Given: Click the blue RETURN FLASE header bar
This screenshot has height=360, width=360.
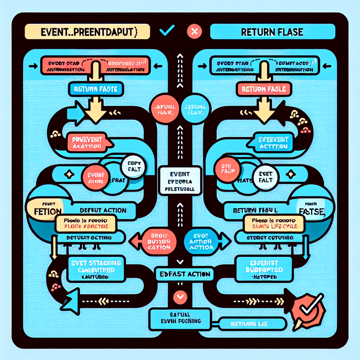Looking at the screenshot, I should coord(272,32).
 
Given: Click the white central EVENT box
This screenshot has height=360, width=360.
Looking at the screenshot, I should coord(180,181).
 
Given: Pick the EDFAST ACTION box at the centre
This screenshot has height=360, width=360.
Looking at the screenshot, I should coord(180,273).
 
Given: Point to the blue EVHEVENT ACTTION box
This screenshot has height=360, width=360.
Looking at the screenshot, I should coord(272,143).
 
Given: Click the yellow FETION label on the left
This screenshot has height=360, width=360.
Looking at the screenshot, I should coord(44,210).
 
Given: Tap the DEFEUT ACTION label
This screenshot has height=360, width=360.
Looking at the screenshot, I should coord(100,211).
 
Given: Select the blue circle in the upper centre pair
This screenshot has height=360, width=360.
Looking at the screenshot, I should coord(194,109).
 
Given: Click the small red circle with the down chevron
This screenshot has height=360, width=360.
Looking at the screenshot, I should coord(180,297).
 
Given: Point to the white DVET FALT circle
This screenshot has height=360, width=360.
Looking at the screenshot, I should coord(265,175).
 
